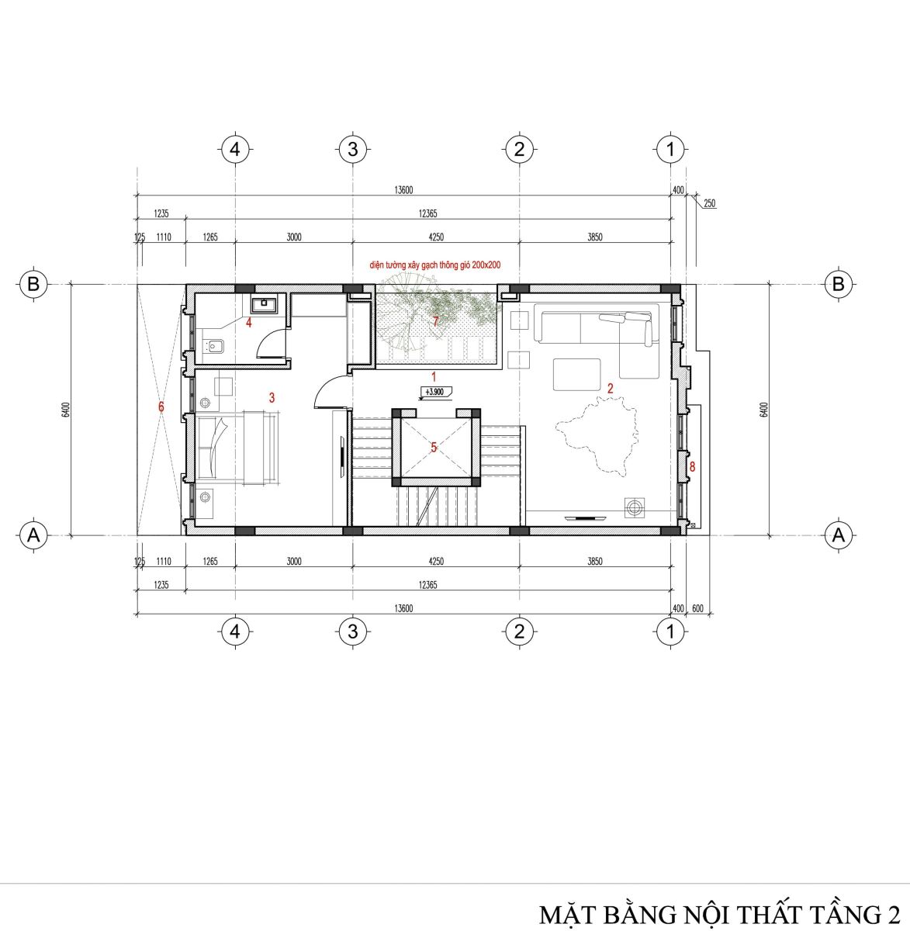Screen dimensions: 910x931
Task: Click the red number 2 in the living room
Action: [x=610, y=388]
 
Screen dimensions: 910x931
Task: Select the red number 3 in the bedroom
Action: [x=272, y=397]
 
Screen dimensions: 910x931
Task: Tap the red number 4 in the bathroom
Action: [x=249, y=323]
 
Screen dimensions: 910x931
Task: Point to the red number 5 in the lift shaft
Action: [x=434, y=448]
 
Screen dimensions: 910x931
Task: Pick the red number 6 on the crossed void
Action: [x=161, y=407]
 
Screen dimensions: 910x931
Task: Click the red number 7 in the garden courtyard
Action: [x=435, y=321]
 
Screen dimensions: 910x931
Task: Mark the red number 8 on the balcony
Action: [x=692, y=466]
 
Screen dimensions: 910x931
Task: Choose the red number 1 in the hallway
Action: [x=434, y=376]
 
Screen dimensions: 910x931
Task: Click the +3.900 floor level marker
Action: [x=434, y=392]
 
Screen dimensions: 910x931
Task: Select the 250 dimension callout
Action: [x=710, y=203]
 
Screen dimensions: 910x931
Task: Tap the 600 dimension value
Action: [x=697, y=608]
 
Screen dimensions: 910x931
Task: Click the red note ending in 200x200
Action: [x=435, y=265]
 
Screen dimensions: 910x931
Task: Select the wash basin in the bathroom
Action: [x=263, y=304]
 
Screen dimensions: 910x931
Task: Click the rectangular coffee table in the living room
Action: [x=577, y=375]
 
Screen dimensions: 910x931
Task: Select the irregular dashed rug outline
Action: [x=597, y=435]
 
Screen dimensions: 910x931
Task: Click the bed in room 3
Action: [x=238, y=448]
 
